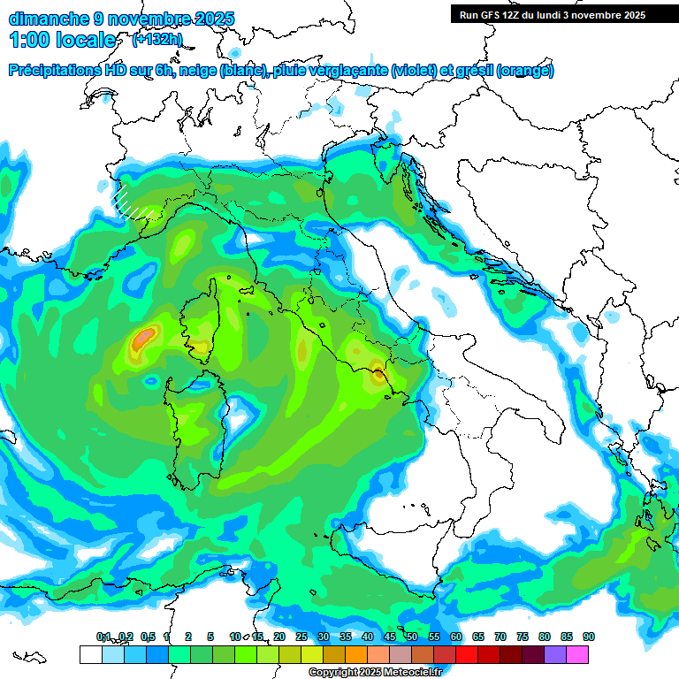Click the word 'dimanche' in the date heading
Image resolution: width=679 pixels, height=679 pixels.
[x=49, y=19]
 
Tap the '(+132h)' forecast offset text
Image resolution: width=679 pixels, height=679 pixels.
[x=156, y=39]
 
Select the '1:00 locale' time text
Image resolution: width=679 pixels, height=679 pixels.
[x=64, y=40]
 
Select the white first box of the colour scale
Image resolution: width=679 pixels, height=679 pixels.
[x=90, y=654]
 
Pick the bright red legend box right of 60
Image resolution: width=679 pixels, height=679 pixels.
[x=467, y=654]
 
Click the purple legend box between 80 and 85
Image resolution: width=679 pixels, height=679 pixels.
[x=555, y=654]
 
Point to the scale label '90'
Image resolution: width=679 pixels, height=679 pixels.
[x=588, y=637]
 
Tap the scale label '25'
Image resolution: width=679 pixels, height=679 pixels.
[x=301, y=637]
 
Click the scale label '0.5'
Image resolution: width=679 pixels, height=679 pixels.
[x=148, y=637]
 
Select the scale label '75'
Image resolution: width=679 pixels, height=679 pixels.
[x=522, y=637]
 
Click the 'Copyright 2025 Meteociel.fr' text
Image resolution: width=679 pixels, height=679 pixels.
[x=375, y=672]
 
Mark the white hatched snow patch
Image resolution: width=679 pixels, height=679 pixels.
[x=133, y=202]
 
